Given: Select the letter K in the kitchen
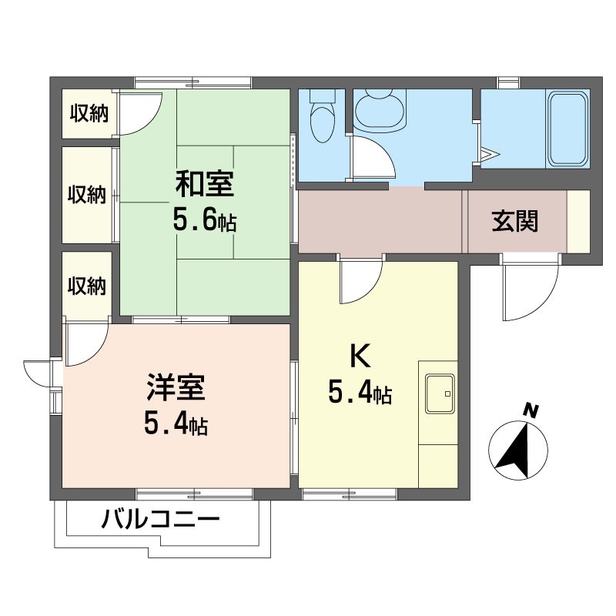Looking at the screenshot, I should pos(360,356).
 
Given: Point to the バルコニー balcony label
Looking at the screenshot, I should pos(161,520).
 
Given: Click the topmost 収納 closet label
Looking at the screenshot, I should pos(89,114).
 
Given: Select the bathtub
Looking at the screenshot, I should pos(568,129).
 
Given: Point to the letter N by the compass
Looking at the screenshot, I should pos(529,410).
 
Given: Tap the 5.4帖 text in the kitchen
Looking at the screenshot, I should pos(360,394).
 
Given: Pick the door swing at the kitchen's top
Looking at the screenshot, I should pos(362,281).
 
